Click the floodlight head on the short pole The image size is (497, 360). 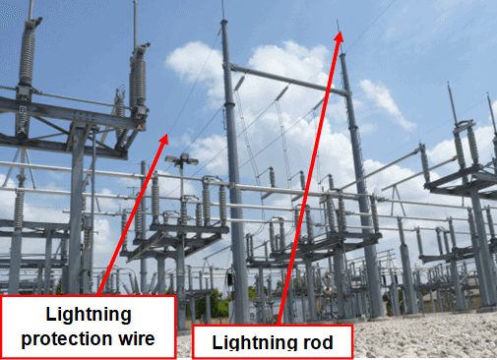pos(180,158)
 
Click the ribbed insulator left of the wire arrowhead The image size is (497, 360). pos(140,74)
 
